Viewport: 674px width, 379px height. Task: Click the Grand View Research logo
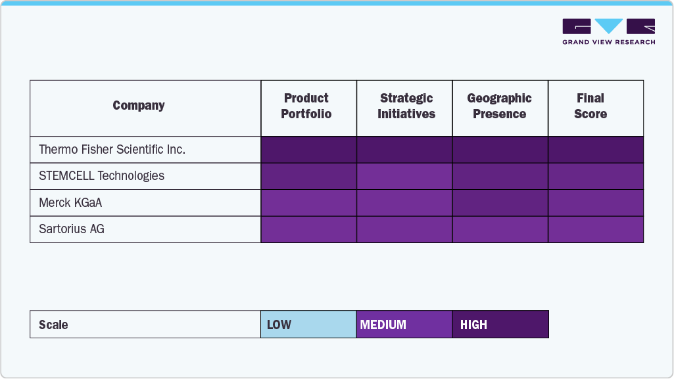pyautogui.click(x=608, y=31)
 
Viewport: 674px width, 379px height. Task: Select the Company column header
pyautogui.click(x=139, y=106)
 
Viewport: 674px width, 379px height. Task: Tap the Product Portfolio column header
pyautogui.click(x=306, y=106)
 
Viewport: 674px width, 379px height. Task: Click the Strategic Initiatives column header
pyautogui.click(x=406, y=106)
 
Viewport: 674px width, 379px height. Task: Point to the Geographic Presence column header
pyautogui.click(x=500, y=106)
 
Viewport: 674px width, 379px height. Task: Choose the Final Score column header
pyautogui.click(x=590, y=106)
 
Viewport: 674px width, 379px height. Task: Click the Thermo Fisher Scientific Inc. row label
pyautogui.click(x=112, y=150)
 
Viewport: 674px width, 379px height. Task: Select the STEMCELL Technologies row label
pyautogui.click(x=102, y=176)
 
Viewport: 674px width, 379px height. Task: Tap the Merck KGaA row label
pyautogui.click(x=70, y=203)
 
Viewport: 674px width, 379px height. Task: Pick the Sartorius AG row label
pyautogui.click(x=72, y=229)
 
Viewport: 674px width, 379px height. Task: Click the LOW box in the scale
pyautogui.click(x=308, y=324)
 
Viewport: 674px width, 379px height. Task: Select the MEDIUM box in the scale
pyautogui.click(x=404, y=324)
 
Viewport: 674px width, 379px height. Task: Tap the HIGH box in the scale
pyautogui.click(x=500, y=324)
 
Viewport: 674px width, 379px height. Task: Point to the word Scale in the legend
pyautogui.click(x=53, y=324)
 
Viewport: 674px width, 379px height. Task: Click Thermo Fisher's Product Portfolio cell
pyautogui.click(x=308, y=150)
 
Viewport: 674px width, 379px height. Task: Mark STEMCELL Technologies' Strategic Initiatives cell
pyautogui.click(x=404, y=176)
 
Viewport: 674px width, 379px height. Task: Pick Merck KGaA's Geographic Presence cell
pyautogui.click(x=500, y=203)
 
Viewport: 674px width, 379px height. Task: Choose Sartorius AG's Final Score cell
pyautogui.click(x=596, y=229)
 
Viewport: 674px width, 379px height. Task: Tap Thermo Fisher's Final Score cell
pyautogui.click(x=596, y=150)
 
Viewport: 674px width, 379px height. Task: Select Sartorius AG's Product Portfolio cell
pyautogui.click(x=308, y=229)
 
